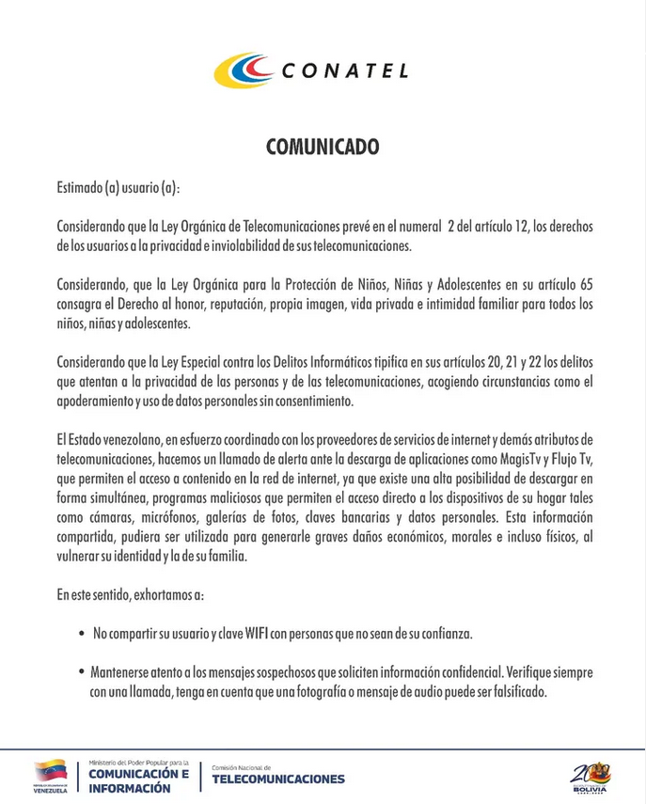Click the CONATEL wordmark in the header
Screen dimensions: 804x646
(x=344, y=71)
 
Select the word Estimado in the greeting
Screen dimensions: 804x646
(x=79, y=188)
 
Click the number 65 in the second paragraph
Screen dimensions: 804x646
(x=584, y=284)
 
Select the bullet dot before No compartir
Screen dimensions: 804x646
(x=83, y=635)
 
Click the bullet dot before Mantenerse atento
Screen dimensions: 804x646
(x=83, y=674)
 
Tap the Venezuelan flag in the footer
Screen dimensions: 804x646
(x=50, y=771)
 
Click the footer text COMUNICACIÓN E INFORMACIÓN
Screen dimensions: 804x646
(x=137, y=780)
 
